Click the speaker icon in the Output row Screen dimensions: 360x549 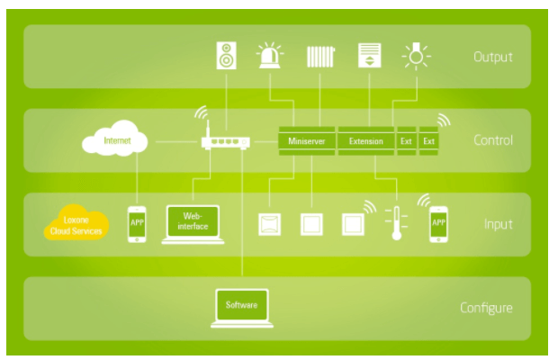225,56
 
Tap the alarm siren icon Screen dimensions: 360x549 269,56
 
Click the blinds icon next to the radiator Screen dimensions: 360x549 369,56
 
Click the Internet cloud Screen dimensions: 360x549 117,140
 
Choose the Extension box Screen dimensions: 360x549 365,141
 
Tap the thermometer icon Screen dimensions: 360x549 393,222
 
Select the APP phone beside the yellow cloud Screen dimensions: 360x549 137,223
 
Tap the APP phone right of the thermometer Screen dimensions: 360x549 438,221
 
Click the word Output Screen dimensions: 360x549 492,58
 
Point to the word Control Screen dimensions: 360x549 492,140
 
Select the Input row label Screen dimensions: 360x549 496,224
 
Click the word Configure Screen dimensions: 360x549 486,308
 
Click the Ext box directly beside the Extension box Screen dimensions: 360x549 406,141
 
